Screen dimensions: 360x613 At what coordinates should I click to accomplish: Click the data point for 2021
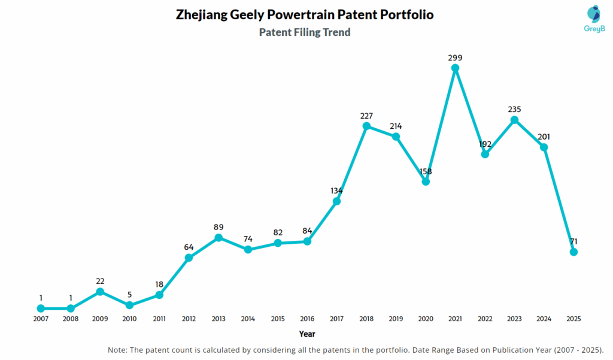455,68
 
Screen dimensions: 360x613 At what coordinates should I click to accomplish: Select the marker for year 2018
366,126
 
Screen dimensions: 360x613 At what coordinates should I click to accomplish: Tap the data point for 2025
573,252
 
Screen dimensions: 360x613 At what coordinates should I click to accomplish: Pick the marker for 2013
219,238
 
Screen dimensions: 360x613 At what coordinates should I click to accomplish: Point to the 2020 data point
426,181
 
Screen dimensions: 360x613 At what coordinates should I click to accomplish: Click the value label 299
455,58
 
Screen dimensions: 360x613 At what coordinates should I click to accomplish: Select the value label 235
514,110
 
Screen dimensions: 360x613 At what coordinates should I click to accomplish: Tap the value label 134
336,190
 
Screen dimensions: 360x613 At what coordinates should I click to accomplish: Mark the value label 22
100,281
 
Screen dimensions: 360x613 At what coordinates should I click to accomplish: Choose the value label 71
573,241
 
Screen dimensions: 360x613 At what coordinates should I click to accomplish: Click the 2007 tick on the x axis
41,319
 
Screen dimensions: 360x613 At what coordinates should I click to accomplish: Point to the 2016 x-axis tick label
307,319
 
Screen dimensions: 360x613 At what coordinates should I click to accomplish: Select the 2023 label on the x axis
514,319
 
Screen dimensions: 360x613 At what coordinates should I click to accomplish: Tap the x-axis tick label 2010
129,319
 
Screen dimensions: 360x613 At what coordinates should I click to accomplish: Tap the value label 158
426,171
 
